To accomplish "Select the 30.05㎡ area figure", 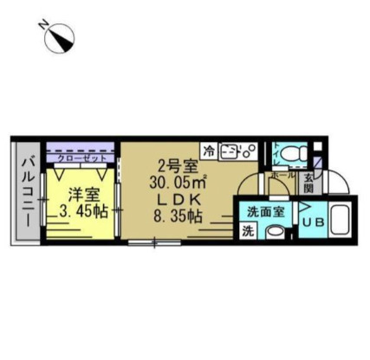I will point(177,182).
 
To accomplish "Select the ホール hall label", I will point(281,174).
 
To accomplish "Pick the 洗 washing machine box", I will point(248,230).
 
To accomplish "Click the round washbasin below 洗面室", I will point(276,230).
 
